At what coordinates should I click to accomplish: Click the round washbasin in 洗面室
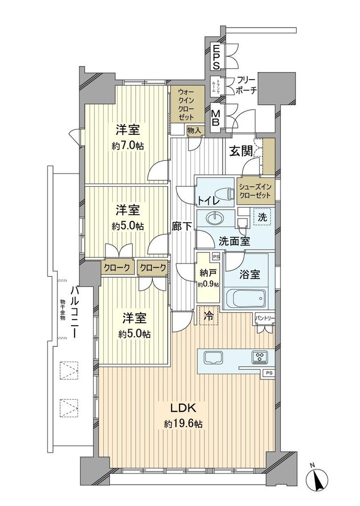(216, 218)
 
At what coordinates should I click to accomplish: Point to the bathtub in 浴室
(245, 298)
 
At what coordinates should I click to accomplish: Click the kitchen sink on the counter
(213, 357)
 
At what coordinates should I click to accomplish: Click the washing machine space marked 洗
(262, 216)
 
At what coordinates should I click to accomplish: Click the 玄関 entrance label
(241, 151)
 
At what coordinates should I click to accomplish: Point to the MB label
(216, 118)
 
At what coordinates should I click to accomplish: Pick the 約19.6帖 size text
(184, 424)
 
